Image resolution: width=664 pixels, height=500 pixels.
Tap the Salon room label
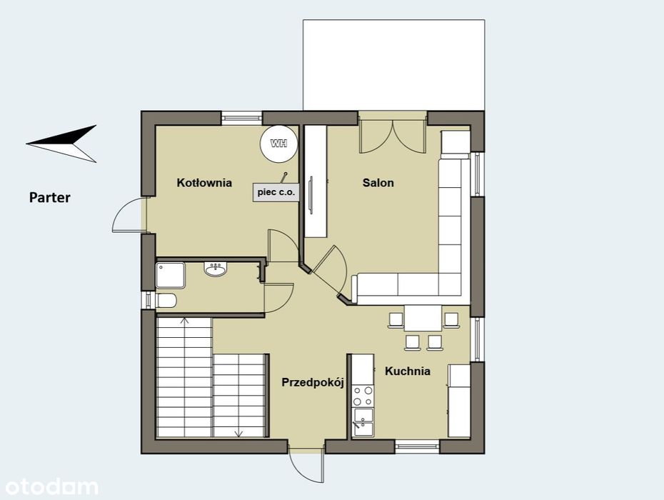coord(378,183)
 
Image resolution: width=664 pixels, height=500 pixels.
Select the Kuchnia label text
coord(408,371)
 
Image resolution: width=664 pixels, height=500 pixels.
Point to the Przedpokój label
coord(313,383)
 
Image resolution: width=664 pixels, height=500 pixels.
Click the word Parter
coord(49,197)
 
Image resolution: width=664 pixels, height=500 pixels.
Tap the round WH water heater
coord(278,143)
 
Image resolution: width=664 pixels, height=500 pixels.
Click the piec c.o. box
coord(276,192)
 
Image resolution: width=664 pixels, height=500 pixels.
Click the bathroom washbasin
coord(216,269)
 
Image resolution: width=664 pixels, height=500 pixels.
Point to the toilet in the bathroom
coord(166,301)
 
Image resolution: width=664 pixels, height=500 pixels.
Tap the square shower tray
coord(170,276)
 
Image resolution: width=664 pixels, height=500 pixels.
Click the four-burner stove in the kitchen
coord(363,396)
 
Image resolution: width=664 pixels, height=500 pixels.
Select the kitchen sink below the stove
coord(363,422)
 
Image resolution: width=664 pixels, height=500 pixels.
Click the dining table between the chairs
coord(423,318)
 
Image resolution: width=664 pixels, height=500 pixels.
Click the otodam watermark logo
coord(51,487)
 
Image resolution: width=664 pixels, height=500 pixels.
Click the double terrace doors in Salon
coord(393,136)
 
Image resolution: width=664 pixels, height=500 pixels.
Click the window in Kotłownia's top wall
coord(242,118)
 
